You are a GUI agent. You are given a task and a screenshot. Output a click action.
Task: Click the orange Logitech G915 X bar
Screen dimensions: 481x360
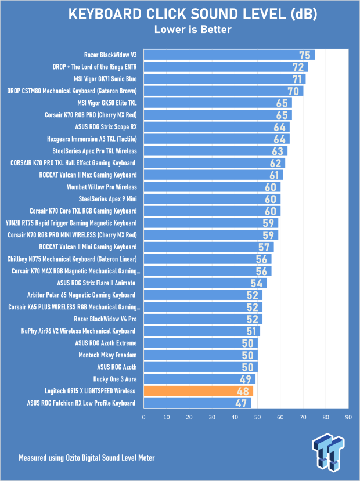pyautogui.click(x=198, y=391)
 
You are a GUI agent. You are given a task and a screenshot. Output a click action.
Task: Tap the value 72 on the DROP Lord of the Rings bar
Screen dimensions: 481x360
pyautogui.click(x=298, y=67)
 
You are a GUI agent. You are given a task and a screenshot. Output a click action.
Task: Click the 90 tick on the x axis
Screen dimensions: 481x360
pyautogui.click(x=348, y=417)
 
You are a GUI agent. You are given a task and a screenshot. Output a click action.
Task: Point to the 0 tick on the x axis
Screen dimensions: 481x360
pyautogui.click(x=143, y=417)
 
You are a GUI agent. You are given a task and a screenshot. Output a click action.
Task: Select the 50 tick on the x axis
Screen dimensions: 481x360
pyautogui.click(x=257, y=417)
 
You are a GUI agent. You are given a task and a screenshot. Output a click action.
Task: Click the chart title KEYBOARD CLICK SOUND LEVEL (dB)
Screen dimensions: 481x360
pyautogui.click(x=180, y=14)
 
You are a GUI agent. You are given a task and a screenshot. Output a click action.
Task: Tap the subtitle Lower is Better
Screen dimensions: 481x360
pyautogui.click(x=180, y=29)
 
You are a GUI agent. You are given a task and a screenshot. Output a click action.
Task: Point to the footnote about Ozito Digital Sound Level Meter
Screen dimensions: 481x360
pyautogui.click(x=87, y=458)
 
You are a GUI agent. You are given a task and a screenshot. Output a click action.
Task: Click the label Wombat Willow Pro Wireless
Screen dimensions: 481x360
pyautogui.click(x=102, y=187)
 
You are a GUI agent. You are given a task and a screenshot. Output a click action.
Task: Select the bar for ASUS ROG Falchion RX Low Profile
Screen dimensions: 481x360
pyautogui.click(x=197, y=403)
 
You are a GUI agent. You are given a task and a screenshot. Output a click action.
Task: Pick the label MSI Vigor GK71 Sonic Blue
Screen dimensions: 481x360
pyautogui.click(x=99, y=79)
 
